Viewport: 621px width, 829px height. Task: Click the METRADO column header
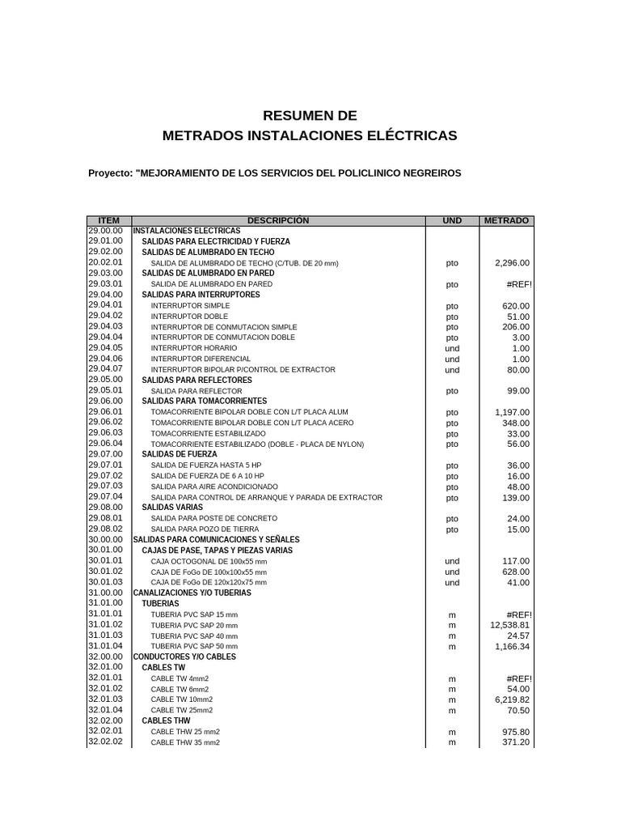[x=506, y=220]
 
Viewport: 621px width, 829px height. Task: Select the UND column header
[x=452, y=220]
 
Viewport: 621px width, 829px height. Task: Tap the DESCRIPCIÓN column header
[x=278, y=220]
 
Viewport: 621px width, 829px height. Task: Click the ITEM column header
[x=108, y=220]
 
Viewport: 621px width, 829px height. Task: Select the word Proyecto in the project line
[x=109, y=173]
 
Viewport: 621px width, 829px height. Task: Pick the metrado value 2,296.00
[x=512, y=263]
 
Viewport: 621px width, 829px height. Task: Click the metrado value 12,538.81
[x=509, y=625]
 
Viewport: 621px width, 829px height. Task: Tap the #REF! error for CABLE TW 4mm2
[x=518, y=678]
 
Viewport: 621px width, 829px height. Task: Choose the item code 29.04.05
[x=105, y=348]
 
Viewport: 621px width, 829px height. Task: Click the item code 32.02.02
[x=105, y=742]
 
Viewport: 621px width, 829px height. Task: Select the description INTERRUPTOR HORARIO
[x=194, y=348]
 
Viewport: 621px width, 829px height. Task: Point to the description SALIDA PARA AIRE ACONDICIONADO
[x=214, y=487]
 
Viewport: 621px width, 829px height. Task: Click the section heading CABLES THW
[x=166, y=721]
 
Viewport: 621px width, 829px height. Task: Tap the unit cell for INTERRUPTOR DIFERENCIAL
[x=452, y=359]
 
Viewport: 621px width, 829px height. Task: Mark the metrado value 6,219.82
[x=512, y=699]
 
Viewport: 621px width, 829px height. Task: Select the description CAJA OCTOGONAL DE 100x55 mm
[x=209, y=561]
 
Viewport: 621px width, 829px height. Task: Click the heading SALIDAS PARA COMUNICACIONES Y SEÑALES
[x=216, y=539]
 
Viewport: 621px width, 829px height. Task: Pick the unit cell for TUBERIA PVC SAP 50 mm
[x=452, y=646]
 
